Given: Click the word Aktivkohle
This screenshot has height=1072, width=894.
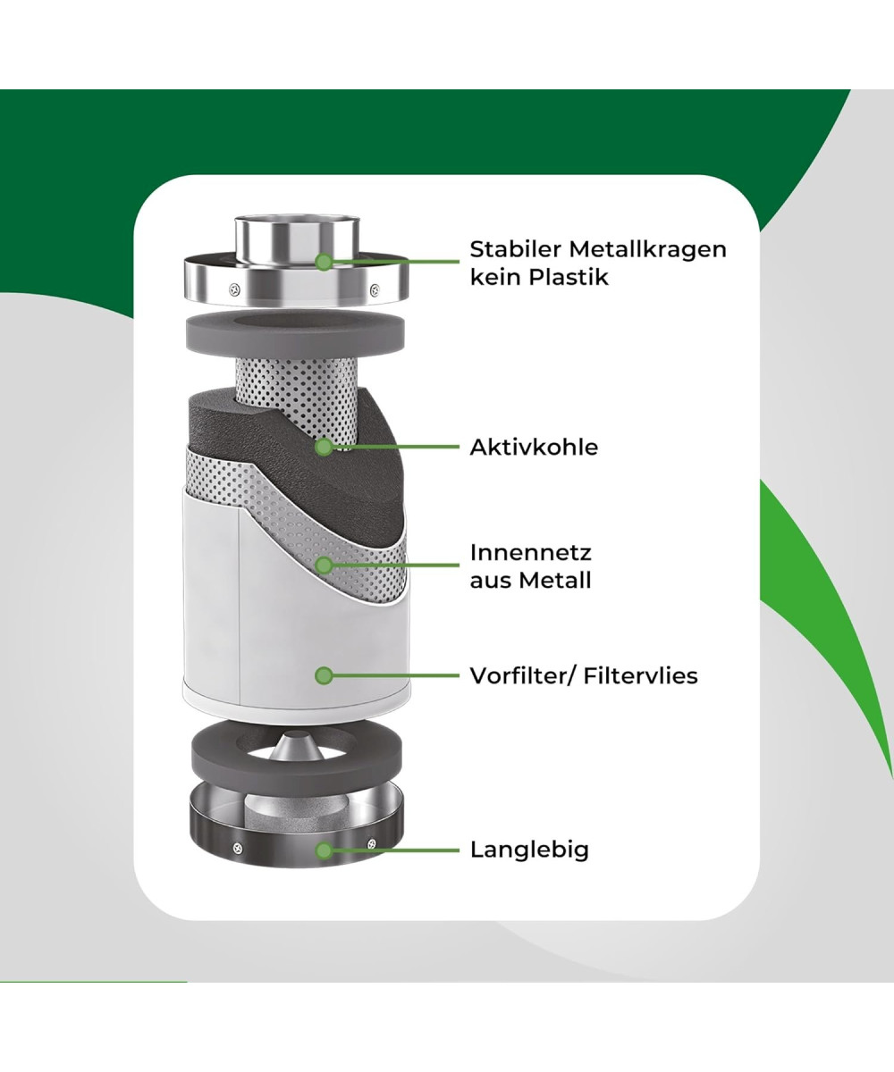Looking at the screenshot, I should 534,447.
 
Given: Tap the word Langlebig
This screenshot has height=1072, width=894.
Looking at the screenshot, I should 529,850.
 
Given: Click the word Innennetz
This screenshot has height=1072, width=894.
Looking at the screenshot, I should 530,552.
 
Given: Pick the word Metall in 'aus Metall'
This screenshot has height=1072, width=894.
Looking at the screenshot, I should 555,580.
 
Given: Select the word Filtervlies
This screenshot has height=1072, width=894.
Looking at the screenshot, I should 640,675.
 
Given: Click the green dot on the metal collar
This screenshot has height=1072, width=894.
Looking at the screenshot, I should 325,262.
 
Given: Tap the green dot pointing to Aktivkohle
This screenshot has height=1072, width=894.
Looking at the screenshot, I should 325,445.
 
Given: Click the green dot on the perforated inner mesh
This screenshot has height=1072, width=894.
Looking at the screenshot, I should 325,565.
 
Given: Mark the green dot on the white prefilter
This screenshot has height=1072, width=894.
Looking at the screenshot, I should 325,675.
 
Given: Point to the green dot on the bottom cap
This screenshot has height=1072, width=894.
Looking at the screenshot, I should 325,850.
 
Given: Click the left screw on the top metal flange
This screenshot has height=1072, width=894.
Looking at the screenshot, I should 234,288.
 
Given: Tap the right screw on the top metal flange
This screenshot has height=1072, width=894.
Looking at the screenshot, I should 374,289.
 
